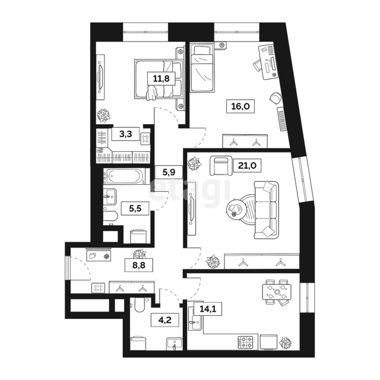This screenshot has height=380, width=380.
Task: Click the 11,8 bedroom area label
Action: pos(161,78)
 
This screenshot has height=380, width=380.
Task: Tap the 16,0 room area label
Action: pos(240,106)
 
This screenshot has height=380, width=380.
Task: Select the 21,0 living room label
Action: pos(247,166)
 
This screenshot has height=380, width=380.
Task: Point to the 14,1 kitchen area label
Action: pos(208,309)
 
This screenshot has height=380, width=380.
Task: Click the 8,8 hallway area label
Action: pos(138,265)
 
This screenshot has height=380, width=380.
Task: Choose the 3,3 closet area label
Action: pos(125,134)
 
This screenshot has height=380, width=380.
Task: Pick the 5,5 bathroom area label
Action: pos(135,208)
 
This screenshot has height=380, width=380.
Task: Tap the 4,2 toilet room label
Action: pos(165,320)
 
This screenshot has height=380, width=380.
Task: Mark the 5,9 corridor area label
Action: pos(169,172)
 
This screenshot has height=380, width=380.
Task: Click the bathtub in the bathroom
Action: pos(124,176)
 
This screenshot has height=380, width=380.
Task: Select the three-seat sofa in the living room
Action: pos(266,210)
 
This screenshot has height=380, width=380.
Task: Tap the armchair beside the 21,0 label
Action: pos(220,166)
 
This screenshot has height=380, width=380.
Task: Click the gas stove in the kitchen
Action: pos(245,342)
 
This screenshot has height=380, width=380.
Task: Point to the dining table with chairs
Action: pos(277,292)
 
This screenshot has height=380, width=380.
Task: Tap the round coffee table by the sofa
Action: pos(234,208)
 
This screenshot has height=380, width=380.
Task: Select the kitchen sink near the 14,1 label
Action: pos(196,318)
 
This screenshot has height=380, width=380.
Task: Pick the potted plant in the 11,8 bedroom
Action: pos(104,116)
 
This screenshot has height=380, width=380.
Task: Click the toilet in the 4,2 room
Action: pos(140,305)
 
